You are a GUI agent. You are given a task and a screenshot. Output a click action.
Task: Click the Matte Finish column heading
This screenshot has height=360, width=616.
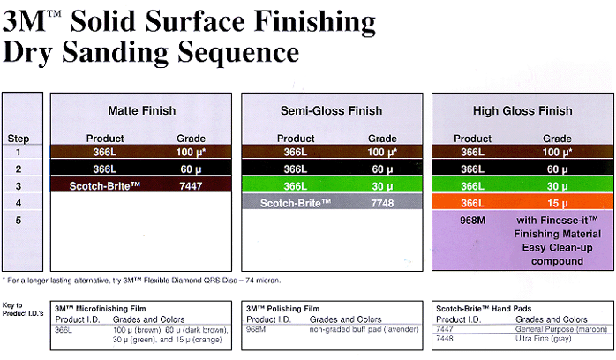tap(142, 110)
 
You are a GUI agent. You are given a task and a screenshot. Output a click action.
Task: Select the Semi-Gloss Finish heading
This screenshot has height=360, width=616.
tap(331, 110)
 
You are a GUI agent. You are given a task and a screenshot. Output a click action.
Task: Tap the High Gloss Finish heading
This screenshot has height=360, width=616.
tap(522, 110)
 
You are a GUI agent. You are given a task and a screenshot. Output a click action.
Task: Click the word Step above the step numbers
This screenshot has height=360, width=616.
tap(18, 139)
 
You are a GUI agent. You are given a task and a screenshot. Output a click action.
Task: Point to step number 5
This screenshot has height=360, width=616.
tap(18, 221)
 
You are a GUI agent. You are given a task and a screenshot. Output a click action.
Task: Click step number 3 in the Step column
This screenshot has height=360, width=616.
tap(18, 186)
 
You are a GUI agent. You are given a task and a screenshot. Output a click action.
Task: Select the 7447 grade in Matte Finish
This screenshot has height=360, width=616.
tap(191, 185)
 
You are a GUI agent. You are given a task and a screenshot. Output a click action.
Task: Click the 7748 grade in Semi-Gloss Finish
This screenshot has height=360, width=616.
tap(382, 203)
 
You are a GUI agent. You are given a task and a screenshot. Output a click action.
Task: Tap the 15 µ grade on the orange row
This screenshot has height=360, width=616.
tap(557, 203)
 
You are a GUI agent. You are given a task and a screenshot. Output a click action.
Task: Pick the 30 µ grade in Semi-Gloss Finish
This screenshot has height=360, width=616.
tap(382, 186)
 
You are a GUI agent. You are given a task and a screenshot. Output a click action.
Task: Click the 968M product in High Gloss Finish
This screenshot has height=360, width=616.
tap(473, 221)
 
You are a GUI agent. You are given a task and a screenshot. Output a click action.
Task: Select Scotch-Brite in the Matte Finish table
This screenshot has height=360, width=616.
tap(104, 185)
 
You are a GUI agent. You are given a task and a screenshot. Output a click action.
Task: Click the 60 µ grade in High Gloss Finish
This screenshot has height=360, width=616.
tap(557, 169)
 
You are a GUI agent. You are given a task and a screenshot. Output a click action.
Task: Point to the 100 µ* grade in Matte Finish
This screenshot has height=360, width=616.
tap(191, 152)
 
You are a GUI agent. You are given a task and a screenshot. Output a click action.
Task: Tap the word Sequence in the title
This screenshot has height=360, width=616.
tap(238, 53)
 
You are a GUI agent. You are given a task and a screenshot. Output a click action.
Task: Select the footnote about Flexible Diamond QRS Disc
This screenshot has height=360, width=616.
tap(142, 281)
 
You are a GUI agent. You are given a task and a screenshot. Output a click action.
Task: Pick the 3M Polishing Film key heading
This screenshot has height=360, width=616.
tap(283, 309)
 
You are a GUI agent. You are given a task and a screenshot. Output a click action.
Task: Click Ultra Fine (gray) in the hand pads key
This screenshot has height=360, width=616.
tap(544, 339)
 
